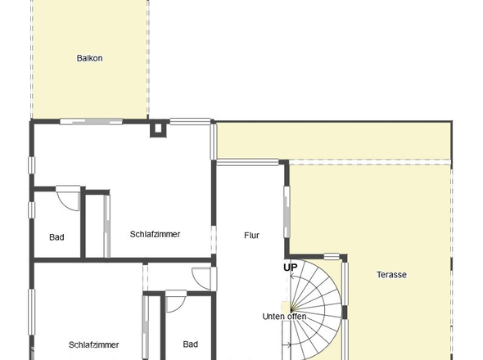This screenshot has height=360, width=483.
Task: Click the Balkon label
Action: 90,58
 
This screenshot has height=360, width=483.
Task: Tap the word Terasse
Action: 391,275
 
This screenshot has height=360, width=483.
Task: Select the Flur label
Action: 251,236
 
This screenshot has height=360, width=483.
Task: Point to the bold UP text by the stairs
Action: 291,267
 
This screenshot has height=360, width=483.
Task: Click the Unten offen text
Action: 284,316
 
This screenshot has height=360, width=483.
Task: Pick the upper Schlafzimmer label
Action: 155,234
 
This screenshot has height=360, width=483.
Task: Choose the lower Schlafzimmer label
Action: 94,345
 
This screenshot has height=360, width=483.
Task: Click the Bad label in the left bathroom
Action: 56,237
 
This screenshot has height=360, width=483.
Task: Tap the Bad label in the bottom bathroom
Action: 190,344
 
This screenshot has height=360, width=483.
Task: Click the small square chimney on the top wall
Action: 157,128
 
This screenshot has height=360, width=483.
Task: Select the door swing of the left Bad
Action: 70,197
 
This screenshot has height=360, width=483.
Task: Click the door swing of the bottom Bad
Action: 175,301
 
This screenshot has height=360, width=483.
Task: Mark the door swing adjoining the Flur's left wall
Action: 201,277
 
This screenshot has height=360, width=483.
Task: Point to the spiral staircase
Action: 315,307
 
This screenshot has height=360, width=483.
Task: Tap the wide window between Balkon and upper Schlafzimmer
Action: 90,122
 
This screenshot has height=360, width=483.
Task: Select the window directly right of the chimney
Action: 190,122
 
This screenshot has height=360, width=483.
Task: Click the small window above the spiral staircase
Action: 332,256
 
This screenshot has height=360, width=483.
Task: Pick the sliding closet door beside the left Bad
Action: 106,226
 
